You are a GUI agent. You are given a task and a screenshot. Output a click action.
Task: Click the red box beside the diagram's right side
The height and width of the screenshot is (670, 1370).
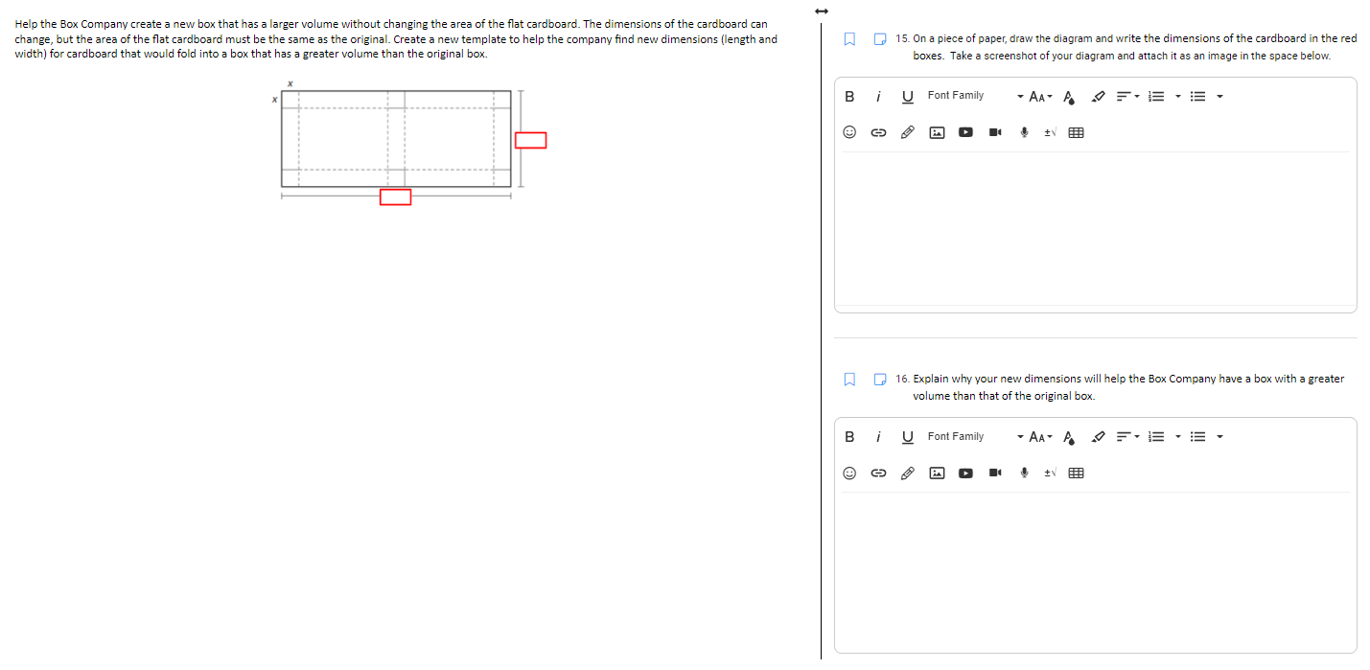tap(530, 141)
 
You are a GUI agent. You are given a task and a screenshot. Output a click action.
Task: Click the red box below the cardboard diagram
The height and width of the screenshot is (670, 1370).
tap(395, 197)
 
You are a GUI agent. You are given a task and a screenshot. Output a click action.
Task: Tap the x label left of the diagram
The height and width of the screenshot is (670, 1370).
tap(274, 100)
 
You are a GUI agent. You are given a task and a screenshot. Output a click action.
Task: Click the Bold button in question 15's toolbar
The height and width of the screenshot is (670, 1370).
tap(848, 96)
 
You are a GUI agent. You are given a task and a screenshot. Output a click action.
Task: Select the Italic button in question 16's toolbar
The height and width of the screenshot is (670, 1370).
tap(878, 437)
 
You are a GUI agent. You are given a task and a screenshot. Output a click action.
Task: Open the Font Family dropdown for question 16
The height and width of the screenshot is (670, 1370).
tap(973, 437)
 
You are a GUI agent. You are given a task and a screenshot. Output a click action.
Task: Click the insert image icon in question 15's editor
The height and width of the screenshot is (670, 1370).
tap(937, 133)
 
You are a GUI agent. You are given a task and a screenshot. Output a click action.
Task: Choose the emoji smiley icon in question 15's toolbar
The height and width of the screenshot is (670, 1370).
tap(849, 133)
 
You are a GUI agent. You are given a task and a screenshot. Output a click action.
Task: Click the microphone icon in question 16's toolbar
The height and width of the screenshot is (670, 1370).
tap(1025, 473)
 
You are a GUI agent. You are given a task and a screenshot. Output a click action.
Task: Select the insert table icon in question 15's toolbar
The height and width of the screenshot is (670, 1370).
tap(1076, 133)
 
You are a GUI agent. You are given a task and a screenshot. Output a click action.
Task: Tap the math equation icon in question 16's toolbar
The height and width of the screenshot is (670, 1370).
tap(1051, 473)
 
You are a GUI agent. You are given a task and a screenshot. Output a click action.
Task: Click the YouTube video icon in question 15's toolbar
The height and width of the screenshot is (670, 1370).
tap(965, 133)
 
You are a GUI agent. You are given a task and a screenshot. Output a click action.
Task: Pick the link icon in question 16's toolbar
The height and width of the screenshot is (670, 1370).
tap(877, 473)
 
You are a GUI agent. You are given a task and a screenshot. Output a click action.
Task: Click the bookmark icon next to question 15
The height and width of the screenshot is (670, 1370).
tap(848, 39)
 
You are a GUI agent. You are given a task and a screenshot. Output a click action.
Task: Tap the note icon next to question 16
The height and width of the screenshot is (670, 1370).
tap(880, 380)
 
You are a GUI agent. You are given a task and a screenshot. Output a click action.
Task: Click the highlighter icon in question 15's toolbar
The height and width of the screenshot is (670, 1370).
tap(1100, 96)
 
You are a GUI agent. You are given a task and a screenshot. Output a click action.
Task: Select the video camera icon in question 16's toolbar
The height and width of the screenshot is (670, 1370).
tap(996, 473)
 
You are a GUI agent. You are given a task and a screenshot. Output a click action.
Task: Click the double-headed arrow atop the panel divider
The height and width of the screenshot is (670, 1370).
tap(821, 11)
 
